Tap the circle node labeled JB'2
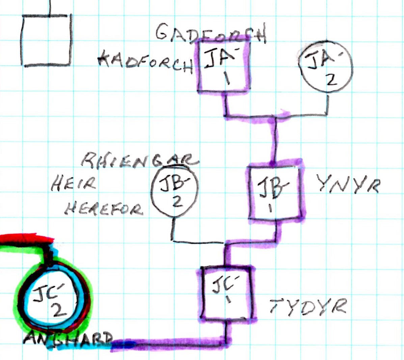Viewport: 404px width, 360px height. (174, 192)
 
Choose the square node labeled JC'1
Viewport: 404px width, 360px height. (226, 293)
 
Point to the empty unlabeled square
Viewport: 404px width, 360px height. (47, 40)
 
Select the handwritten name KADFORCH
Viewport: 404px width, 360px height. (145, 63)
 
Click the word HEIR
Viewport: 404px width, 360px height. (74, 184)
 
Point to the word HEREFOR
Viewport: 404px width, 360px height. (103, 209)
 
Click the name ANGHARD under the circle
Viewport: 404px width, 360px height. (68, 339)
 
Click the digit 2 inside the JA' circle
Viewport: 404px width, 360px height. (332, 80)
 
